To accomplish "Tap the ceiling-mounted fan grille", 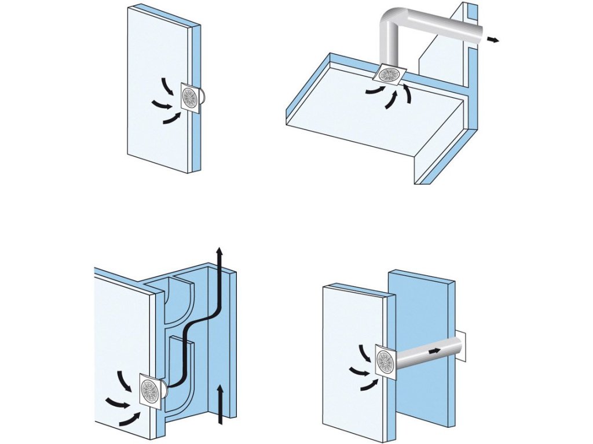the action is (387, 74).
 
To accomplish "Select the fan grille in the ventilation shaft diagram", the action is (150, 391).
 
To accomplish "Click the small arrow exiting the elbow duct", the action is (493, 39).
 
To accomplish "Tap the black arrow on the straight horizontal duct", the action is (434, 351).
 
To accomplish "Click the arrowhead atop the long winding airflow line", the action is (218, 253).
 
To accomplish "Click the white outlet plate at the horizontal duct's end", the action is (461, 345).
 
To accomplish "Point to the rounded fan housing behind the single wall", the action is (203, 97).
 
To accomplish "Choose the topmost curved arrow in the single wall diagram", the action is (166, 86).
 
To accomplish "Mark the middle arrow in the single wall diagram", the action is (162, 105).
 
